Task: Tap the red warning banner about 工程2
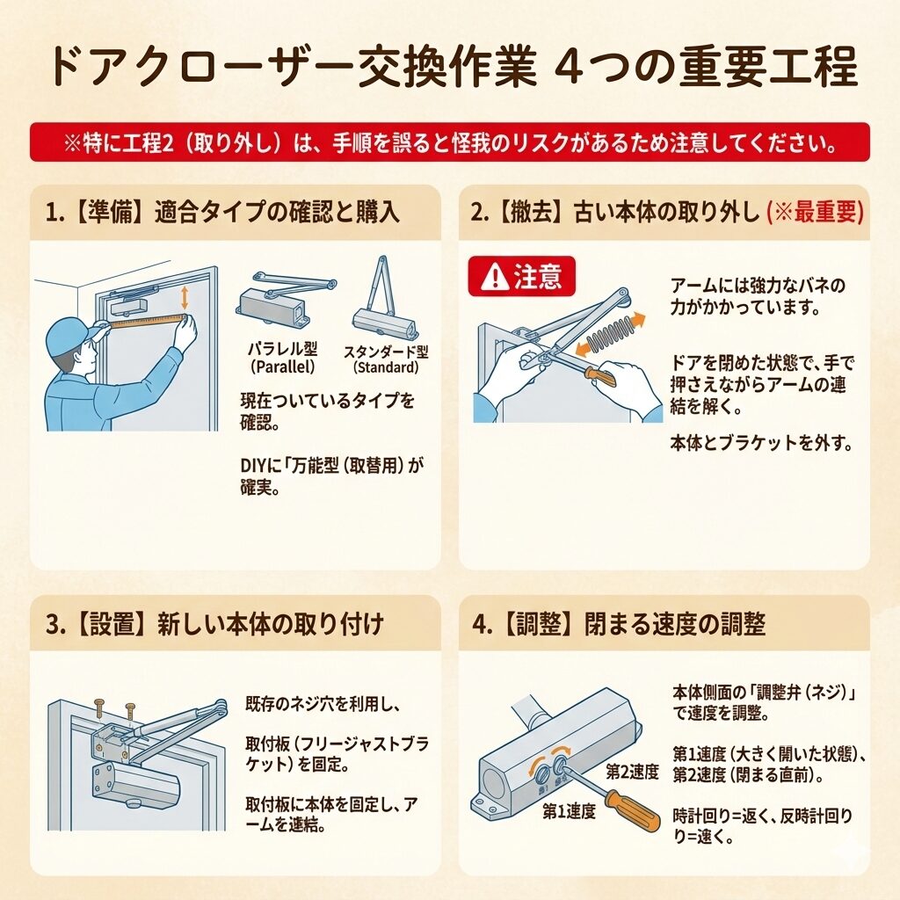click(450, 142)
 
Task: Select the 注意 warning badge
click(522, 276)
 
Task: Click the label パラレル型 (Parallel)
click(282, 358)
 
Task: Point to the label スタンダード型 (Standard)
click(387, 359)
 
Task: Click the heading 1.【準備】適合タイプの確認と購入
click(222, 213)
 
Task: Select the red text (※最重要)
click(815, 213)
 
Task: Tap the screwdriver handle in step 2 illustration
click(600, 375)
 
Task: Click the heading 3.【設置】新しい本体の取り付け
click(214, 624)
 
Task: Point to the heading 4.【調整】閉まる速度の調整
click(618, 624)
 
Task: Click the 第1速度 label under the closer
click(569, 811)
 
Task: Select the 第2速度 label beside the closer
click(632, 772)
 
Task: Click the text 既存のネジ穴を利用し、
click(323, 704)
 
